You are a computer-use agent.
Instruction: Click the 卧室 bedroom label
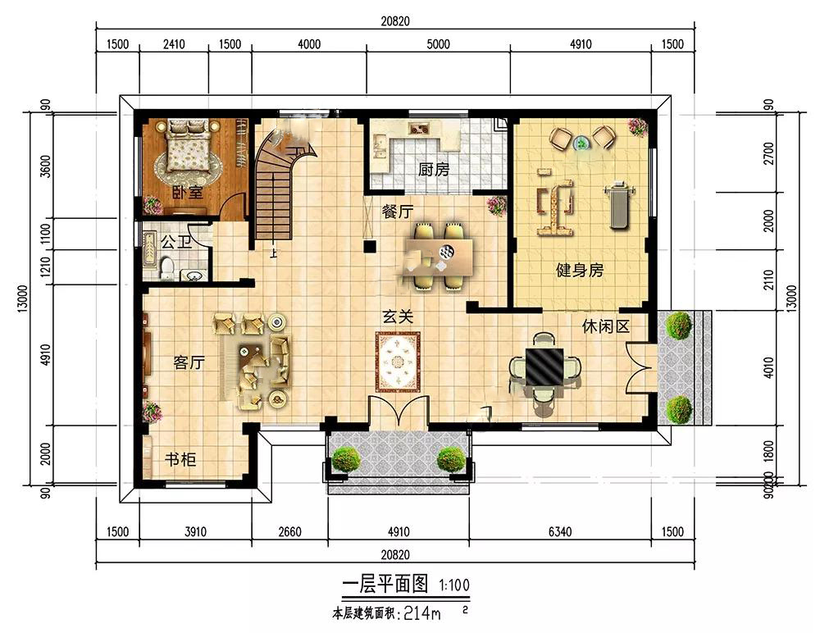[188, 193]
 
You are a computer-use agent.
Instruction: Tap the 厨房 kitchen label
[434, 170]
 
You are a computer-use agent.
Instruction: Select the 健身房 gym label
[580, 270]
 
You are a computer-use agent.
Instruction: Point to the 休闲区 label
[606, 326]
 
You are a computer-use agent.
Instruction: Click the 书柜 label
[180, 459]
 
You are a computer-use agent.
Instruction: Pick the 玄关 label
[398, 316]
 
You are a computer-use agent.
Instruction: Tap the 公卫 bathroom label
[176, 242]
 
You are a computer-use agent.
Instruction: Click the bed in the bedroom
[188, 151]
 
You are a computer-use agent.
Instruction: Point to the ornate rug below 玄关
[398, 362]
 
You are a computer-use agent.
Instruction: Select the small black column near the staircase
[371, 247]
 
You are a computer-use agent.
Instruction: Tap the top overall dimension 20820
[395, 21]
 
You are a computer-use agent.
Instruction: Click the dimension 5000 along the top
[438, 44]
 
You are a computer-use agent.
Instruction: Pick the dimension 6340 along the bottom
[560, 531]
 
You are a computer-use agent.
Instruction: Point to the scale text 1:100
[454, 585]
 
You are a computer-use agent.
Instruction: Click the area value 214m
[422, 613]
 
